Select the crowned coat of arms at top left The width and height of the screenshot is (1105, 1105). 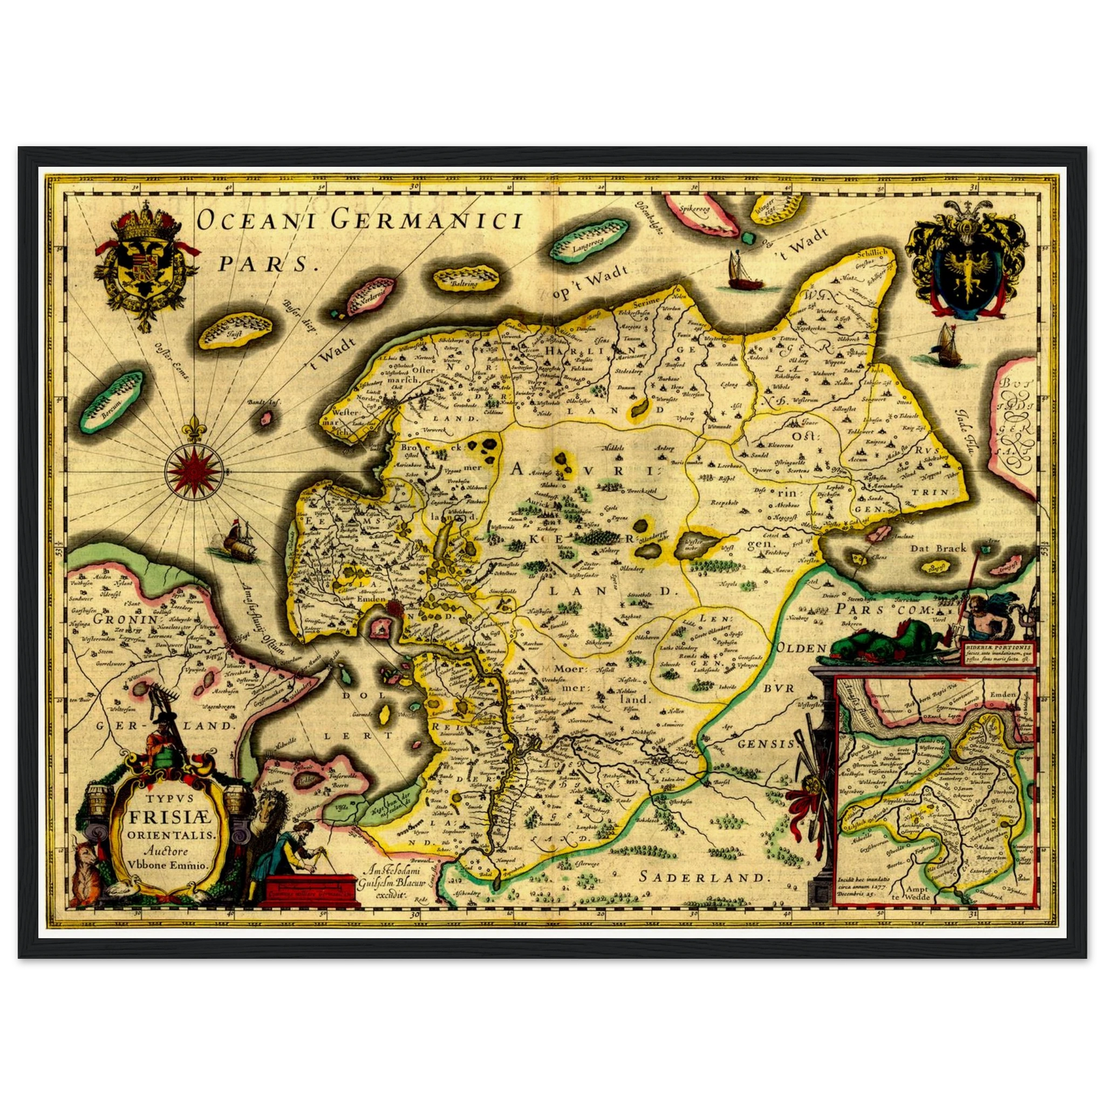tap(145, 264)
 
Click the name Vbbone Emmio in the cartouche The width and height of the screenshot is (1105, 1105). tap(167, 865)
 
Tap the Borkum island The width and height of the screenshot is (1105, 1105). tap(115, 401)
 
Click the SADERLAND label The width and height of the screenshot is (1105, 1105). tap(702, 876)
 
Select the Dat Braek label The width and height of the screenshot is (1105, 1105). tap(938, 548)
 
